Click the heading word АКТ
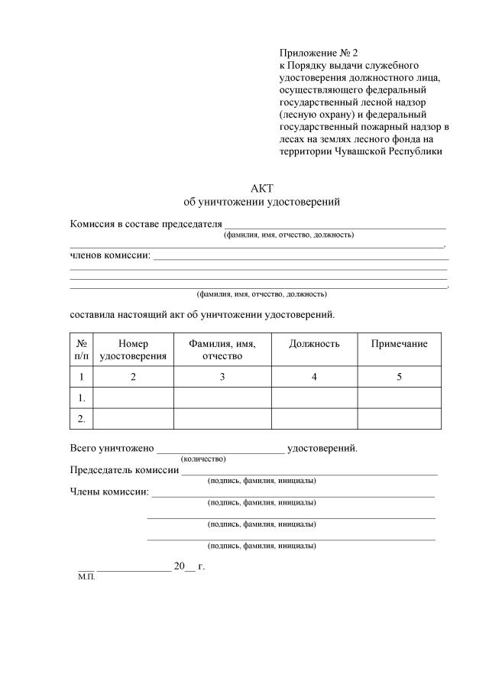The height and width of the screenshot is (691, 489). pyautogui.click(x=262, y=189)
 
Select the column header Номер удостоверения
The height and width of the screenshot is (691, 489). pyautogui.click(x=133, y=350)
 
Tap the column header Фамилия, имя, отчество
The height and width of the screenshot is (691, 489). pyautogui.click(x=222, y=350)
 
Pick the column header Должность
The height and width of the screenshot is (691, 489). pyautogui.click(x=314, y=344)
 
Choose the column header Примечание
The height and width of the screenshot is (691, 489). pyautogui.click(x=399, y=344)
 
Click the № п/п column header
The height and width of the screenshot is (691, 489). pyautogui.click(x=81, y=350)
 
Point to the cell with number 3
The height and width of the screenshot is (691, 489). pyautogui.click(x=222, y=377)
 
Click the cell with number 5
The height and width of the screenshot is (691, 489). pyautogui.click(x=399, y=377)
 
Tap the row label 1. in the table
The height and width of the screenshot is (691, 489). pyautogui.click(x=81, y=398)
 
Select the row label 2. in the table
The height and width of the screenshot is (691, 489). pyautogui.click(x=81, y=419)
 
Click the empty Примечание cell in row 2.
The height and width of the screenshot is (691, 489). pyautogui.click(x=399, y=419)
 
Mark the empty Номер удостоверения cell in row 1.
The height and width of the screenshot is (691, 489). pyautogui.click(x=133, y=398)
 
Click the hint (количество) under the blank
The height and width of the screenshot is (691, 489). pyautogui.click(x=203, y=459)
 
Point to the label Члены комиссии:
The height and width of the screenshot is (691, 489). pyautogui.click(x=109, y=491)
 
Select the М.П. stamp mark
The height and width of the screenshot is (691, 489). pyautogui.click(x=86, y=579)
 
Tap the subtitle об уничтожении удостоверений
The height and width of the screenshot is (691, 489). pyautogui.click(x=262, y=203)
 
